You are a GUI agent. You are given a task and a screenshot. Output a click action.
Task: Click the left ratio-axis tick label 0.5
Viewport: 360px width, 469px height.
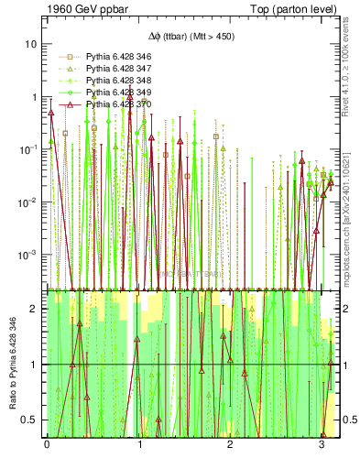pos(29,420)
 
